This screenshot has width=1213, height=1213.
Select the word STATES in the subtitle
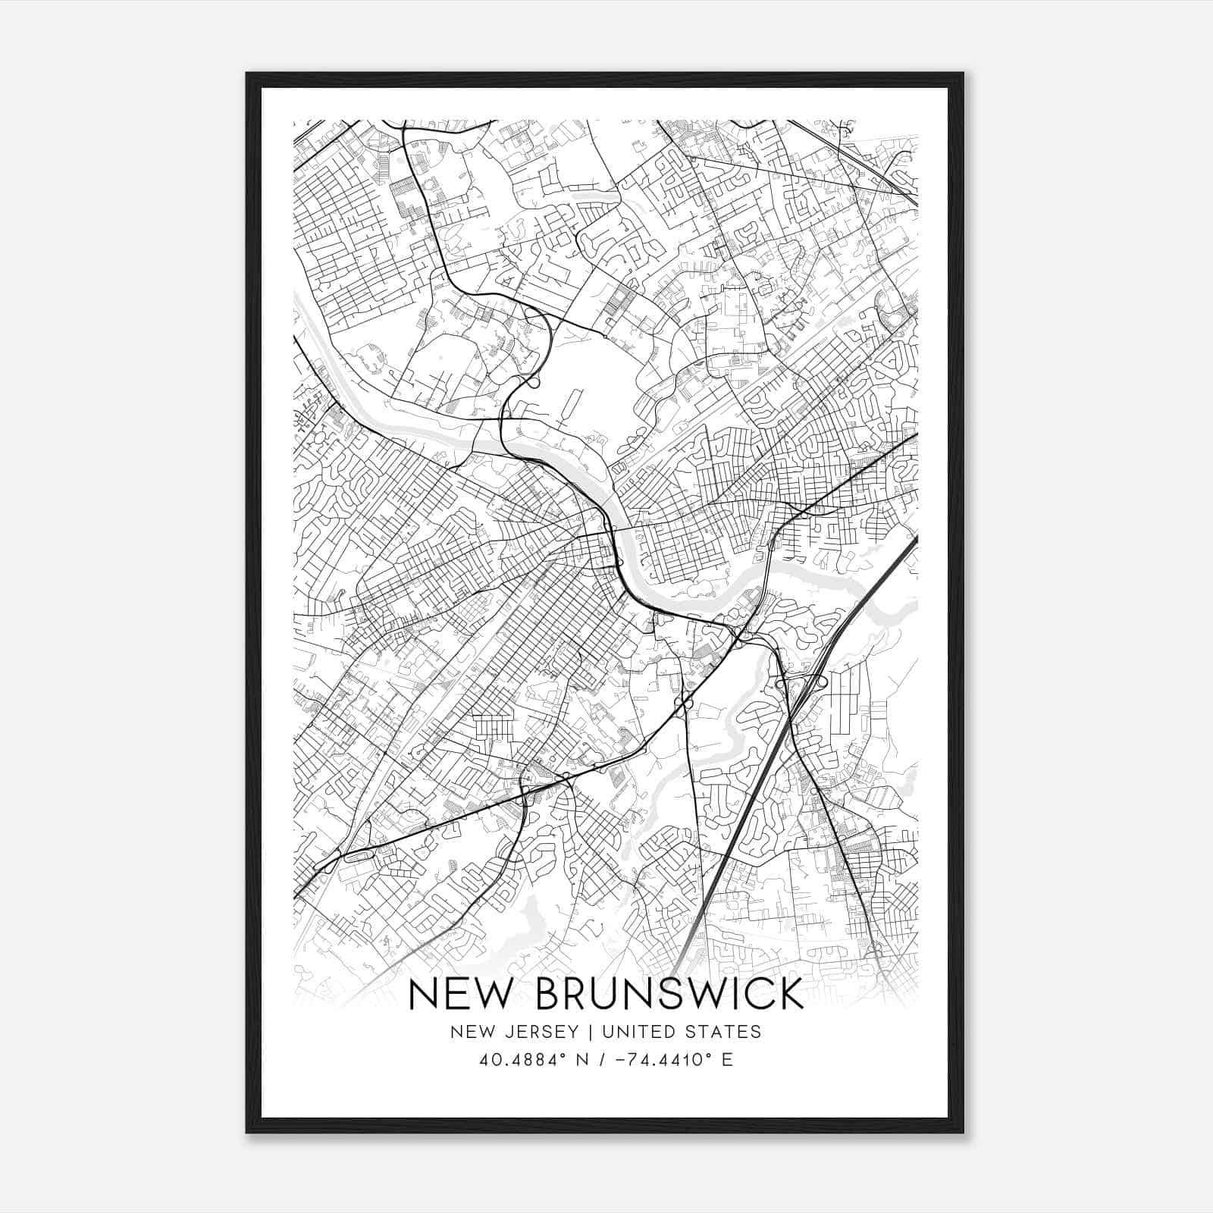[723, 1032]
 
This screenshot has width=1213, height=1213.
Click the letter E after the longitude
[728, 1060]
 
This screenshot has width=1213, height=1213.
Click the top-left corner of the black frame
[247, 74]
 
